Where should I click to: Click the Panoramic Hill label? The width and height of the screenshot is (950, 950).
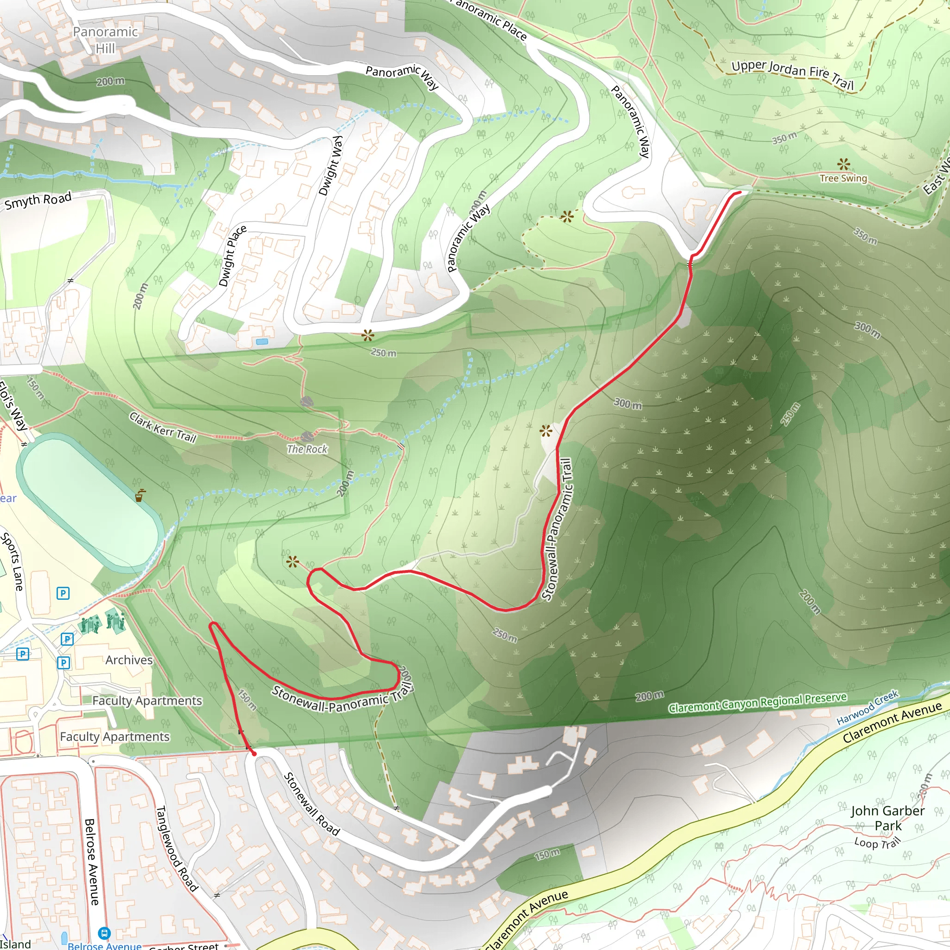(x=105, y=40)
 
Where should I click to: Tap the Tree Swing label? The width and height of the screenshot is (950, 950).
(x=843, y=178)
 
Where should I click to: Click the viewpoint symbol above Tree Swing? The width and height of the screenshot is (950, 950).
(x=843, y=164)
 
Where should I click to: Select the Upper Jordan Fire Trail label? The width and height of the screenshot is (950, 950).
(x=792, y=74)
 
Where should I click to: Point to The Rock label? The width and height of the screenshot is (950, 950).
(x=307, y=449)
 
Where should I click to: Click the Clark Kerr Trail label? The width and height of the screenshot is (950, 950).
(x=163, y=427)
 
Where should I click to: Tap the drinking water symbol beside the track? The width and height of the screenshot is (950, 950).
(x=141, y=494)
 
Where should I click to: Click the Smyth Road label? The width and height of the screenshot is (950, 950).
(x=39, y=200)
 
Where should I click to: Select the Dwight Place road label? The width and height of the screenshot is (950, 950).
(x=232, y=256)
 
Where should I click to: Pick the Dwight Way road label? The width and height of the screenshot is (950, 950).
(x=330, y=166)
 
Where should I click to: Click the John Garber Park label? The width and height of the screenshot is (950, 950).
(x=887, y=818)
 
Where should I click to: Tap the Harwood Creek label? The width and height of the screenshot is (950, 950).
(x=867, y=707)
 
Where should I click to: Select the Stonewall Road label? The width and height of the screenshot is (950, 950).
(x=312, y=804)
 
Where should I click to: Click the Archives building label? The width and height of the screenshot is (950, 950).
(x=129, y=660)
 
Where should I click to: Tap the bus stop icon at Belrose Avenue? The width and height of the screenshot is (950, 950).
(x=104, y=933)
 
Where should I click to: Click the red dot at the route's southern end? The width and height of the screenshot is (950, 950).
(x=254, y=754)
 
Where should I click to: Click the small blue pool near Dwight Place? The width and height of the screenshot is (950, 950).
(x=262, y=341)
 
